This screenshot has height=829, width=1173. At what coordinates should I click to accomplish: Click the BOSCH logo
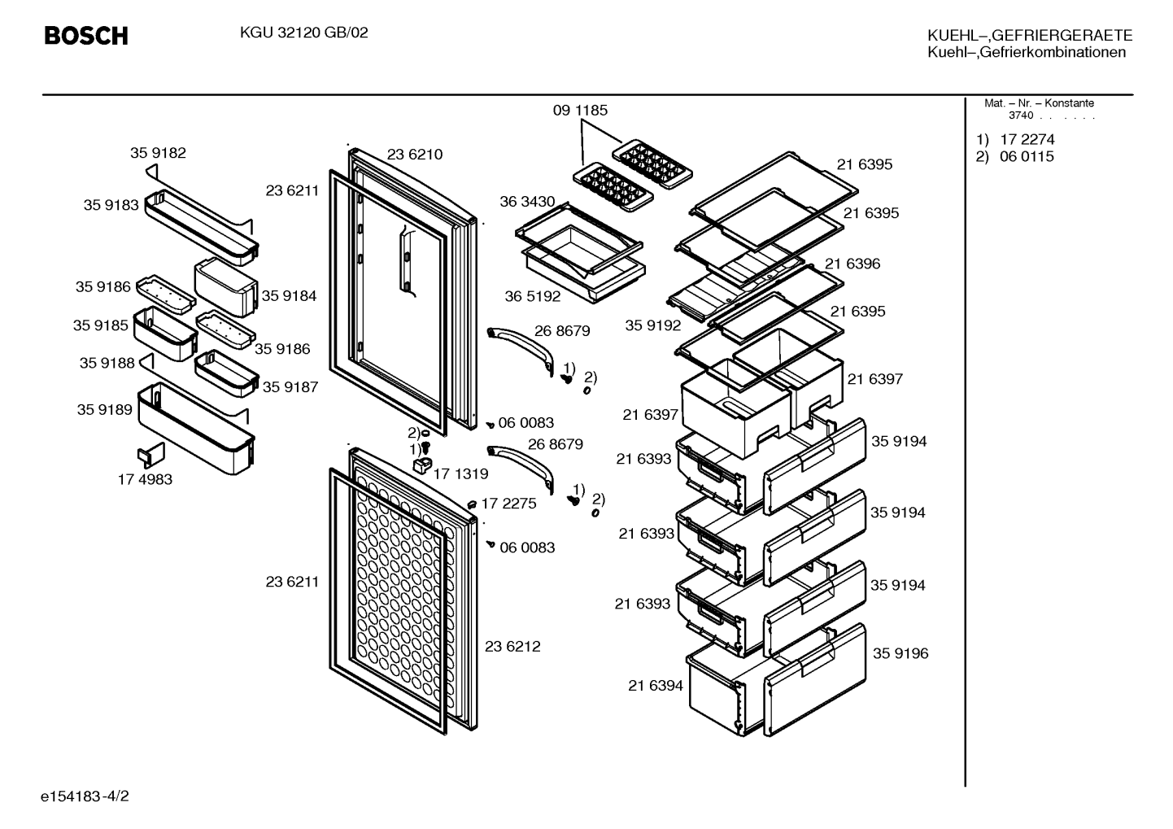pos(86,36)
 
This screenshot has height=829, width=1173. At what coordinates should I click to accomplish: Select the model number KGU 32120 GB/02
pos(303,33)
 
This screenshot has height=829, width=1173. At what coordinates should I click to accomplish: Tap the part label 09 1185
pos(580,111)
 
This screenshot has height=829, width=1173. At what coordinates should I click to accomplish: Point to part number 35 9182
pos(158,153)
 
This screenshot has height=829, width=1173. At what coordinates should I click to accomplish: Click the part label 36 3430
pos(527,202)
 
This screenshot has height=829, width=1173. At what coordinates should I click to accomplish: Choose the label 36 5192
pos(533,296)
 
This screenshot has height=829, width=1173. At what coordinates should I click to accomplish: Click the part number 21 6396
pos(852,264)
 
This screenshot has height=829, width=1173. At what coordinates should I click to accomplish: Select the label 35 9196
pos(900,653)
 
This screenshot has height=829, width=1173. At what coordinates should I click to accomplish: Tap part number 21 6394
pos(656,686)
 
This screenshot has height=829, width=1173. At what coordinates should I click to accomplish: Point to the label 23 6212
pos(512,647)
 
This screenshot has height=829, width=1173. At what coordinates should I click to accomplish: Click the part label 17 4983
pos(145,480)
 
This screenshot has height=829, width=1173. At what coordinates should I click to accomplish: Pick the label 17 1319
pos(460,474)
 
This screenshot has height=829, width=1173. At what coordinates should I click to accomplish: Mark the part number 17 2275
pos(509,504)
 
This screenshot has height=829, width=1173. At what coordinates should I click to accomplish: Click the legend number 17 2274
pos(1027,140)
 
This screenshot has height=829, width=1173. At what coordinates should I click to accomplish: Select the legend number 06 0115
pos(1027,156)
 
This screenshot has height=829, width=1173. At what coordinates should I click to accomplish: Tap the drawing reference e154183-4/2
pos(85,796)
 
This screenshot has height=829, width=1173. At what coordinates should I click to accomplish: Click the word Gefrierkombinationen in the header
pos(1053,52)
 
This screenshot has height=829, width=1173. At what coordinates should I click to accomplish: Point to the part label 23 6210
pos(415,155)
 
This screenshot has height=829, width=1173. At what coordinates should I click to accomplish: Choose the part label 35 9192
pos(653,325)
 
